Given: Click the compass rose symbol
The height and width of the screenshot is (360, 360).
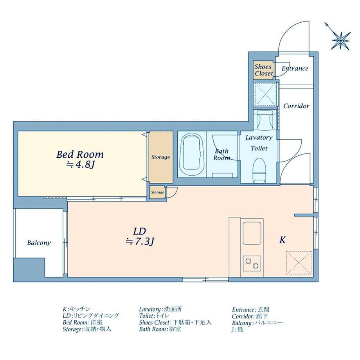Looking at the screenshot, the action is (340, 40).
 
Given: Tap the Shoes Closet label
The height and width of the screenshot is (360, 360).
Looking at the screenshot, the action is (264, 70).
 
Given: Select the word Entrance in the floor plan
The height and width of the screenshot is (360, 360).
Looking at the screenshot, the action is (295, 68).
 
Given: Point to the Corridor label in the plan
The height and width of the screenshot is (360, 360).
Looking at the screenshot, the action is (296, 106).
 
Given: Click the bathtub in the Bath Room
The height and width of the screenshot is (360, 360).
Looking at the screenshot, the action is (192, 155).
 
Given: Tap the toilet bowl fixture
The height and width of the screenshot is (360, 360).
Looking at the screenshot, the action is (259, 170).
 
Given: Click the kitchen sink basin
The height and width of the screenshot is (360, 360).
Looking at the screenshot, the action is (252, 233).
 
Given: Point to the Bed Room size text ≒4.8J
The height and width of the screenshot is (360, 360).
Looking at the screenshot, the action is (80, 165).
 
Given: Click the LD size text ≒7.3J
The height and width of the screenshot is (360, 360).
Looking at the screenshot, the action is (140, 241).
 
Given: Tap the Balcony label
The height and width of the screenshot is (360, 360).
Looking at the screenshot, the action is (39, 243).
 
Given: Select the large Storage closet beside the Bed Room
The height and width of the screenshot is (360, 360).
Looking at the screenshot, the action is (160, 157).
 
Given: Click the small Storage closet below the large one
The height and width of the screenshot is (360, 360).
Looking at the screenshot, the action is (157, 193).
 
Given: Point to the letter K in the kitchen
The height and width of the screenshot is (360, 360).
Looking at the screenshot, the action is (282, 240).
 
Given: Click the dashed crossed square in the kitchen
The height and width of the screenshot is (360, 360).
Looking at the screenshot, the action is (299, 263).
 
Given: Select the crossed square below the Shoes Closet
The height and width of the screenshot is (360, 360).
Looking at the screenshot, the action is (265, 94).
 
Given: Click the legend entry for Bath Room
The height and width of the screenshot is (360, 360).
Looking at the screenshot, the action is (160, 329).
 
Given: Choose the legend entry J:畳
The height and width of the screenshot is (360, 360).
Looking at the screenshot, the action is (238, 330).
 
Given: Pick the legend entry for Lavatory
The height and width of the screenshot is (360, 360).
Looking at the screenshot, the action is (160, 309).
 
